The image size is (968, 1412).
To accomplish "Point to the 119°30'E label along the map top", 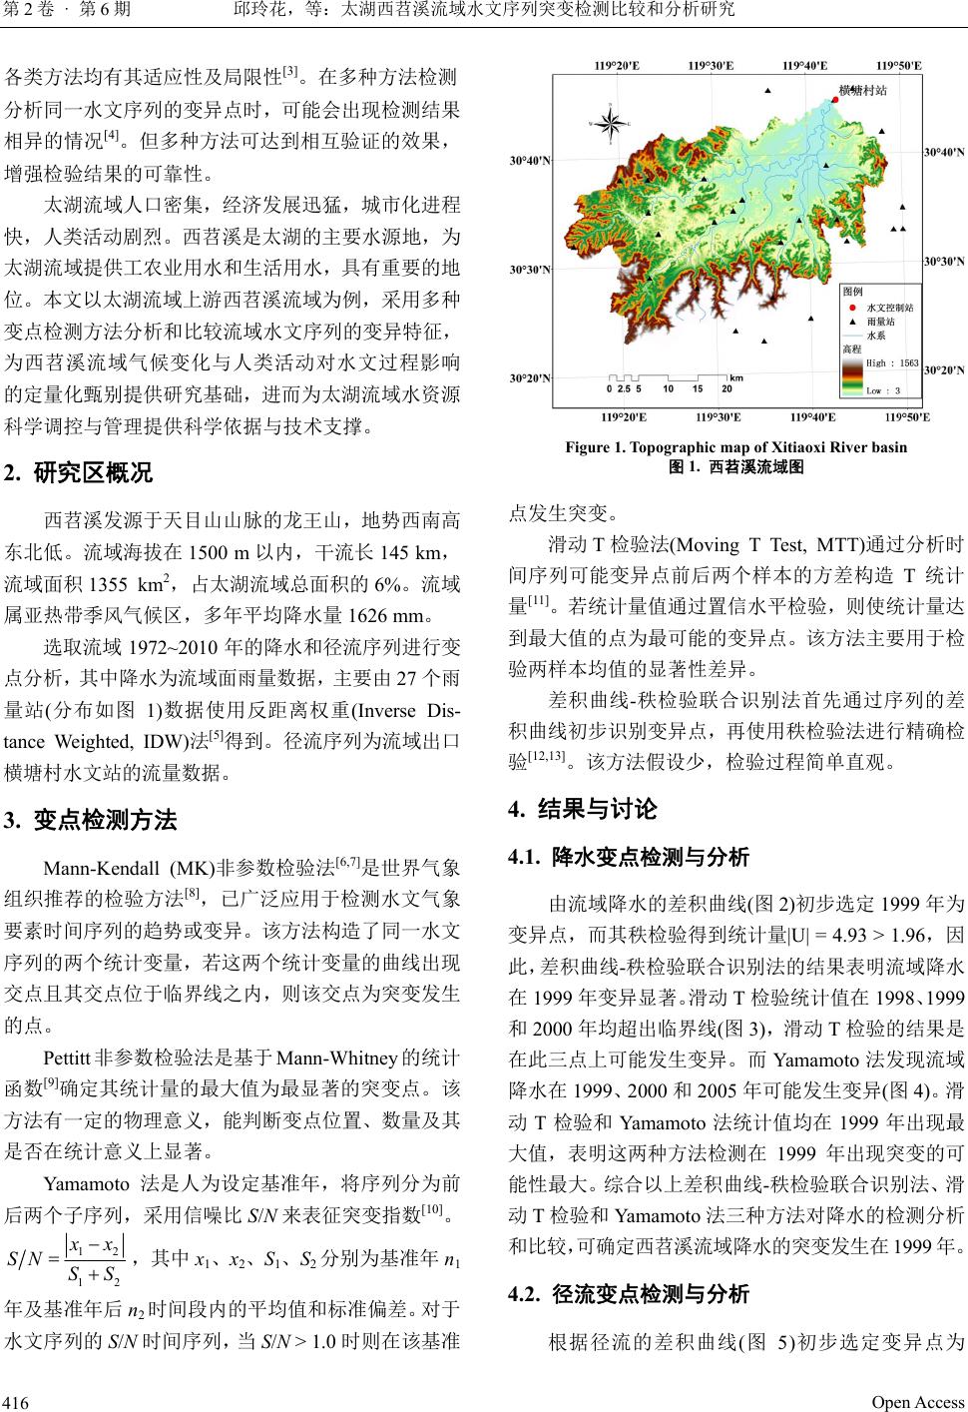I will (711, 66).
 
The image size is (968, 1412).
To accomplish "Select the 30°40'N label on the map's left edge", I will (528, 160).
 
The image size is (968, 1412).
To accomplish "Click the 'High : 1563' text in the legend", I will (892, 363).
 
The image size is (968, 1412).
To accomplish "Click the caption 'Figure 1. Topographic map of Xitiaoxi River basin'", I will (736, 447).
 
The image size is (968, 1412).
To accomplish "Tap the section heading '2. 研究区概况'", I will (79, 472).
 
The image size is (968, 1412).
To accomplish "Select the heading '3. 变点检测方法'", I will (91, 821).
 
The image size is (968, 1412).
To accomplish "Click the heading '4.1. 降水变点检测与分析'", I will (629, 857).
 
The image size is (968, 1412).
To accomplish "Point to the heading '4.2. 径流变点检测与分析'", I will (629, 1295).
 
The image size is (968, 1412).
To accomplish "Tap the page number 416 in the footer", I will (17, 1402).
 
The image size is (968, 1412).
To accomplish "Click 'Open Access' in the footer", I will (918, 1402).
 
